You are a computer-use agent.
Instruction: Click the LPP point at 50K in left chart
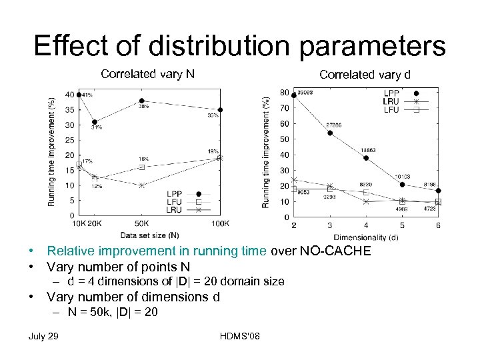(x=141, y=101)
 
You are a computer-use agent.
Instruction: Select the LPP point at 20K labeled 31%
(x=95, y=121)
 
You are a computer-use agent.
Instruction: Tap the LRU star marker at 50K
(x=141, y=185)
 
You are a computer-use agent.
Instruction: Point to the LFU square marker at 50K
(x=141, y=167)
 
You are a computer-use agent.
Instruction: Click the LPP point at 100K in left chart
(x=221, y=110)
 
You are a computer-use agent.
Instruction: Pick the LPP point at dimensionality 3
(x=330, y=133)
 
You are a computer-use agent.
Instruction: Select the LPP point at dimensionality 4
(x=366, y=158)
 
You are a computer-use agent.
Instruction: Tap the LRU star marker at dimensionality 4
(x=366, y=201)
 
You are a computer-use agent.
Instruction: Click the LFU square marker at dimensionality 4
(x=366, y=192)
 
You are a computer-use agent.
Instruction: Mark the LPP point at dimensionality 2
(x=294, y=95)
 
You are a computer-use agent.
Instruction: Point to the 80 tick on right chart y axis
(x=285, y=93)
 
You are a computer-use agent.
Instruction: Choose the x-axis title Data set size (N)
(x=149, y=235)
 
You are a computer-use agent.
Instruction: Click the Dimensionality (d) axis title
(x=366, y=236)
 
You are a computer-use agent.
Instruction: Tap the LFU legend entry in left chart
(x=174, y=201)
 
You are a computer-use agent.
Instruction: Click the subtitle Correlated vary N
(x=147, y=74)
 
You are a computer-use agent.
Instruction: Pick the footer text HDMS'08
(x=239, y=335)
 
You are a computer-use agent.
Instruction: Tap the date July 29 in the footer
(x=43, y=335)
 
